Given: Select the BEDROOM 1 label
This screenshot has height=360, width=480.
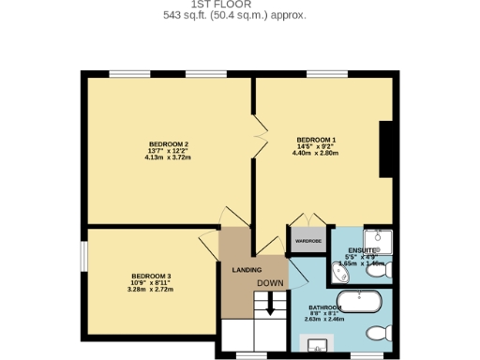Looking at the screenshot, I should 316,141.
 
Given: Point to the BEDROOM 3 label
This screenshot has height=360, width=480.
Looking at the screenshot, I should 152,276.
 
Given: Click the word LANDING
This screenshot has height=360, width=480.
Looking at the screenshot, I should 246,270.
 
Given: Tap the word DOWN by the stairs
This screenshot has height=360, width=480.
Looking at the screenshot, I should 271,283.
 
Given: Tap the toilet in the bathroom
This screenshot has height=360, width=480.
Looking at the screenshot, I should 378,332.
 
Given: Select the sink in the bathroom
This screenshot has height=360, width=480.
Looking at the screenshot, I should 320,345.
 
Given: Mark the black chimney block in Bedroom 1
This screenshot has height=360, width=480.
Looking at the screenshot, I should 385,149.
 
